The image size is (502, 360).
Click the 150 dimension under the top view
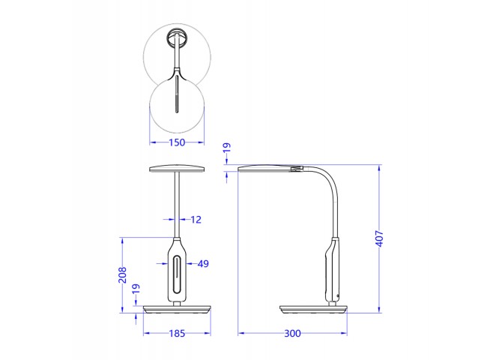tap(177, 142)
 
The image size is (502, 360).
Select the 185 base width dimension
tap(177, 334)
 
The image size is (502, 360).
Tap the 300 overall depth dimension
tap(292, 334)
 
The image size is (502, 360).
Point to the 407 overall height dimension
tap(379, 238)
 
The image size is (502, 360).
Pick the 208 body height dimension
tap(122, 275)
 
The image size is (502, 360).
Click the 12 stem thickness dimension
tap(196, 220)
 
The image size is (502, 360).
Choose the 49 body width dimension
tap(203, 264)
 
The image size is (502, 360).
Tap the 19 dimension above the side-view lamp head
tap(227, 148)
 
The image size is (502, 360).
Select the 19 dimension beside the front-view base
tap(136, 289)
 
